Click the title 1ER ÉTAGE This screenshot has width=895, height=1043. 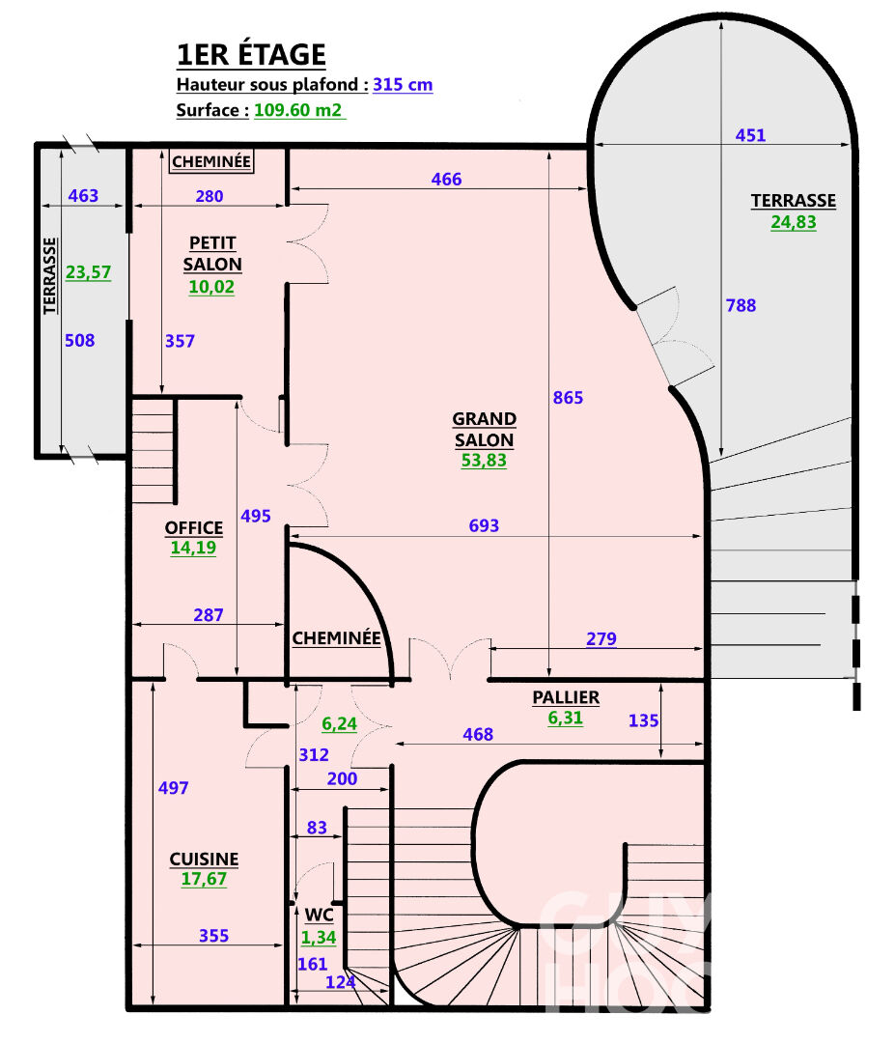pyautogui.click(x=251, y=54)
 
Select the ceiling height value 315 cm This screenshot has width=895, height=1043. pyautogui.click(x=403, y=85)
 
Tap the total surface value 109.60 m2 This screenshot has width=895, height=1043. pyautogui.click(x=298, y=110)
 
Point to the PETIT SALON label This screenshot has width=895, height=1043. pyautogui.click(x=212, y=253)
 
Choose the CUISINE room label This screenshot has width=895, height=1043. pyautogui.click(x=204, y=860)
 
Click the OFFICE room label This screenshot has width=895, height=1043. pyautogui.click(x=193, y=528)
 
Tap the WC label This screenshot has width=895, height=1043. pyautogui.click(x=319, y=914)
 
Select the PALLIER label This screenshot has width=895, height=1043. pyautogui.click(x=566, y=697)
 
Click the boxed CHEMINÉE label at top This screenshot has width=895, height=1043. pyautogui.click(x=211, y=161)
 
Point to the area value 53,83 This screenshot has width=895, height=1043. pyautogui.click(x=484, y=461)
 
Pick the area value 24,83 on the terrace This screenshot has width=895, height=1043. pyautogui.click(x=793, y=222)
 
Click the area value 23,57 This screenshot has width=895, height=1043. pyautogui.click(x=88, y=273)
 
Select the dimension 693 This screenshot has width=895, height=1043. pyautogui.click(x=484, y=525)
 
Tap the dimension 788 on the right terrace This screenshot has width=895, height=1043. pyautogui.click(x=741, y=306)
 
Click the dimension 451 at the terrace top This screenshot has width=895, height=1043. pyautogui.click(x=750, y=135)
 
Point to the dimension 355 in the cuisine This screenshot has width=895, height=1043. pyautogui.click(x=214, y=936)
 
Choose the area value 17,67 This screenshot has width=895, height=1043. pyautogui.click(x=204, y=880)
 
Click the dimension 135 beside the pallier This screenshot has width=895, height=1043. pyautogui.click(x=644, y=719)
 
